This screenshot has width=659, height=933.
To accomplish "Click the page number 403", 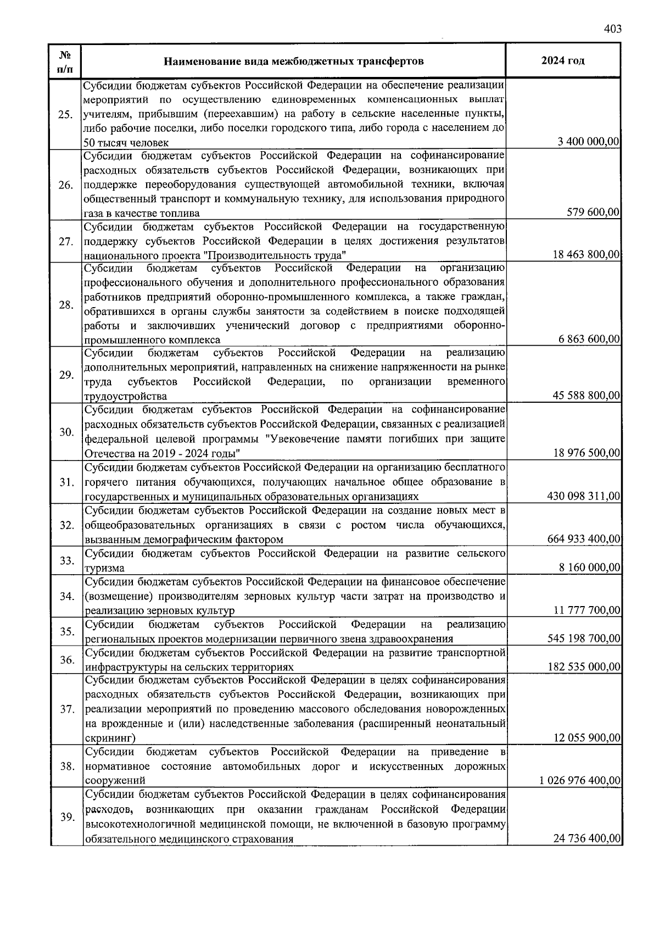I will [612, 29].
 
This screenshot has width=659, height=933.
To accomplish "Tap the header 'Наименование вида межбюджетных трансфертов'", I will [294, 61].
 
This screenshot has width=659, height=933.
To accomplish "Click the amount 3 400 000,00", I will [589, 142].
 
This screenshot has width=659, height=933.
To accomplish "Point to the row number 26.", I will [65, 185].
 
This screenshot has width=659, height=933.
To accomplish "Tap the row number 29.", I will [65, 375].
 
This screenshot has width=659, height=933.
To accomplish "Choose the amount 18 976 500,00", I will [586, 453].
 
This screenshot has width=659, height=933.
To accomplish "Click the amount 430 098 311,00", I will [584, 496].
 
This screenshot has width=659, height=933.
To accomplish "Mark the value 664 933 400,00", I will [584, 539].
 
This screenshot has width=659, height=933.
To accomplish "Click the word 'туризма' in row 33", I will [104, 568].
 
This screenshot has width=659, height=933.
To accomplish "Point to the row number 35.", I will [66, 631].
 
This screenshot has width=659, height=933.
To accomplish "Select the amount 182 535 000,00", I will [584, 667].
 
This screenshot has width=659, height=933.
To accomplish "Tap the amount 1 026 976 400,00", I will [579, 781].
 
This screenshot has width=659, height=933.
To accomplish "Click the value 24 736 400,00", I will [586, 839].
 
